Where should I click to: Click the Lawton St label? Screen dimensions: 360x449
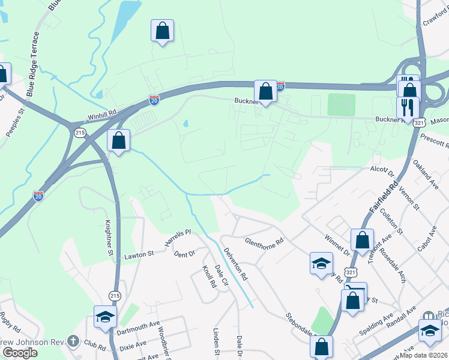139,255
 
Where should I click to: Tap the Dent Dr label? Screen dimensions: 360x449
184,254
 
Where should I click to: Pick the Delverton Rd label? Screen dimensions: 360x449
235,265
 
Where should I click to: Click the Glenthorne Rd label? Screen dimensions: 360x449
264,243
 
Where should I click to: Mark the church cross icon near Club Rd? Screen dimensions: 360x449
72,341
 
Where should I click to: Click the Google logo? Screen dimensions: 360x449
20,352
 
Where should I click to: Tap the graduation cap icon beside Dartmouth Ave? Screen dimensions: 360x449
105,316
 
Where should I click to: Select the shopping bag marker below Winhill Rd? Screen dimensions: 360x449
119,141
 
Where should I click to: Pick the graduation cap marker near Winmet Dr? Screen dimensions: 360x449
321,263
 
